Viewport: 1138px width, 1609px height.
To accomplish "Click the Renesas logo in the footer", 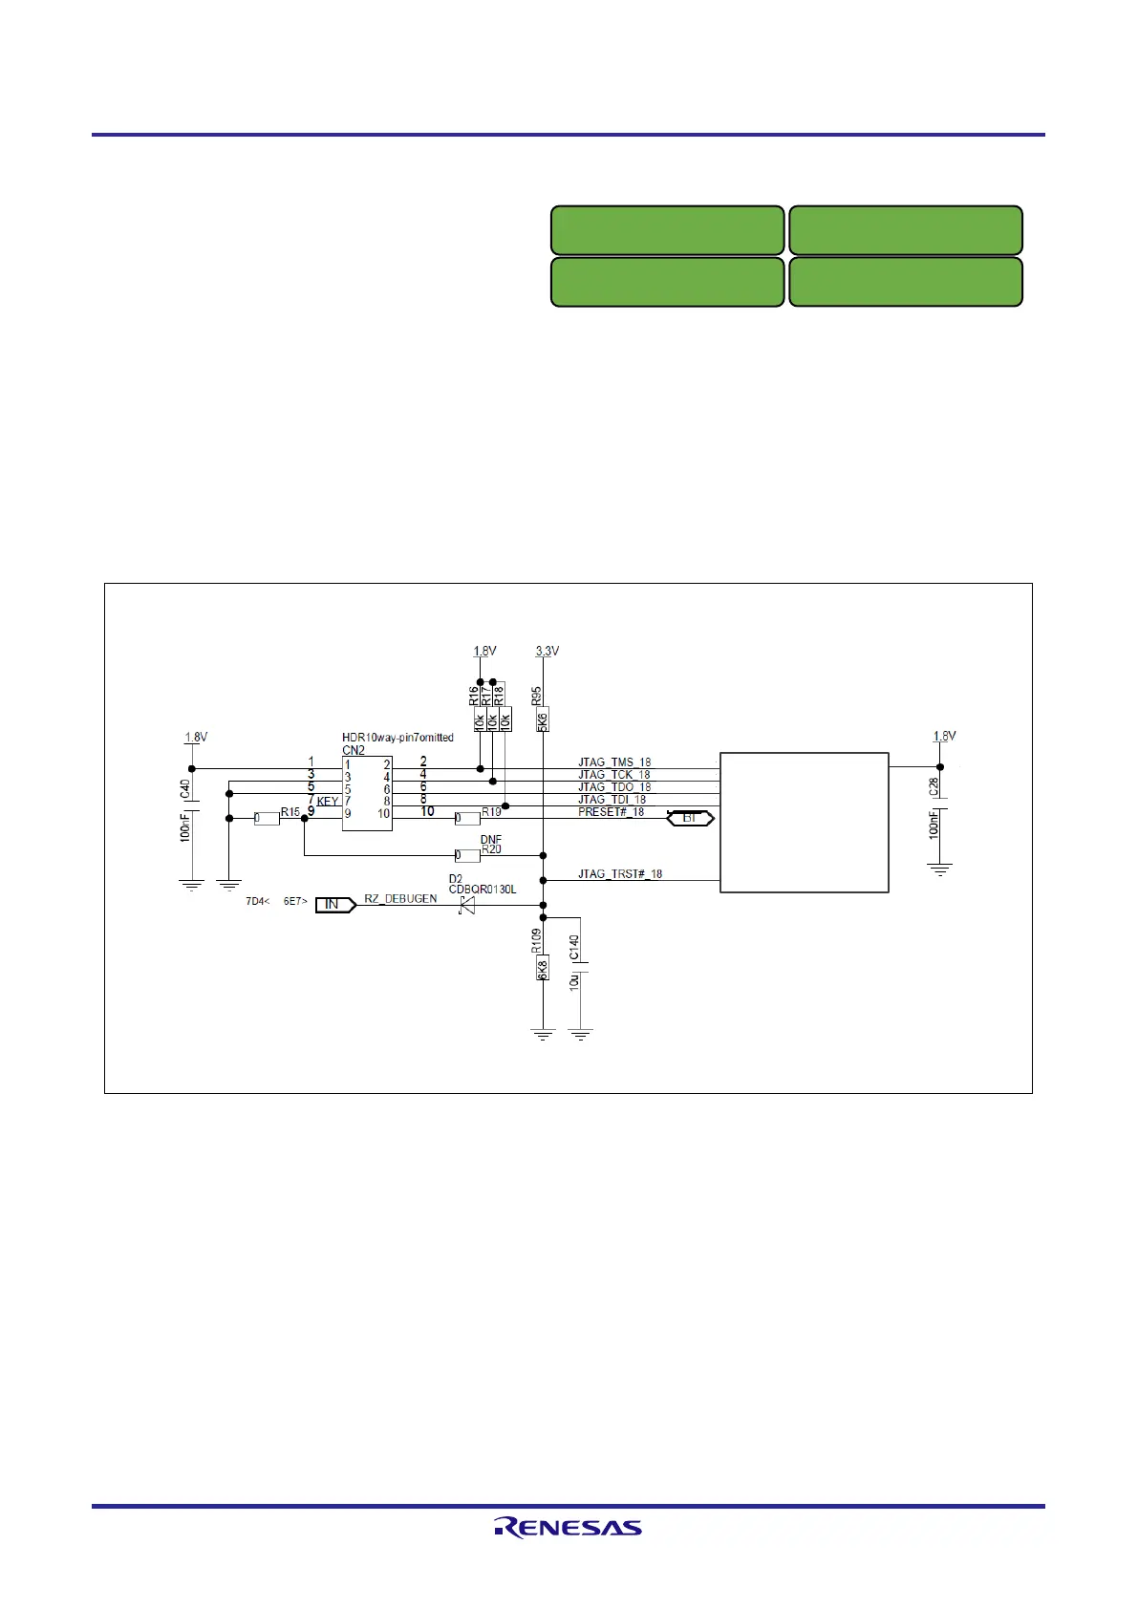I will click(x=568, y=1528).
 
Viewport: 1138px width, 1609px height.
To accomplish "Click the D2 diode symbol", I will click(x=467, y=905).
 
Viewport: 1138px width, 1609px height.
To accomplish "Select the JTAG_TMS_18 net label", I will click(x=613, y=762).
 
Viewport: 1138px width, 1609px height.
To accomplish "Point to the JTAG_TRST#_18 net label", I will click(x=619, y=873).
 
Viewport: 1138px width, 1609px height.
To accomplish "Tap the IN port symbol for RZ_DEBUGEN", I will click(x=333, y=904).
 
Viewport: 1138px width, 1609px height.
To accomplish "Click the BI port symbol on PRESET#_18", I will click(x=690, y=819).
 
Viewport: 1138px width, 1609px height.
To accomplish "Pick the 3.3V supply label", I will click(x=547, y=651).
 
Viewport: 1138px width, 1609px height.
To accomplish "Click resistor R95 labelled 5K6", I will click(x=543, y=719).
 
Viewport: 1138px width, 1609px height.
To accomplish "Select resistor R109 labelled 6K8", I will click(x=543, y=968).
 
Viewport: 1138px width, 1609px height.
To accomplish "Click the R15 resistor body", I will click(x=267, y=818).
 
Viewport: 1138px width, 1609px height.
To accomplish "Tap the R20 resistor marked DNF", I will click(x=467, y=855).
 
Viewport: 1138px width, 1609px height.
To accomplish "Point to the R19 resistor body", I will click(x=467, y=818).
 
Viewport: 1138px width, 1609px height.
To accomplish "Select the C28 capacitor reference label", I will click(x=934, y=787).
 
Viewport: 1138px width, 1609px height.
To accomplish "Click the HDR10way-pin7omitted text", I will click(x=397, y=738).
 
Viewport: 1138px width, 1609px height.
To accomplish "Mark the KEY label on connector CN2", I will click(x=327, y=802).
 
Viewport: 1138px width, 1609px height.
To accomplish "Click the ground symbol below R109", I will click(x=543, y=1034).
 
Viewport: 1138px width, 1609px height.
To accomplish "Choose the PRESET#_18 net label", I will click(x=611, y=812).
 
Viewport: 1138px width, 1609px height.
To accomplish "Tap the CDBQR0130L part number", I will click(x=483, y=890).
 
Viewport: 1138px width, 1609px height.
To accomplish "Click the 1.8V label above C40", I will click(x=196, y=738).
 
